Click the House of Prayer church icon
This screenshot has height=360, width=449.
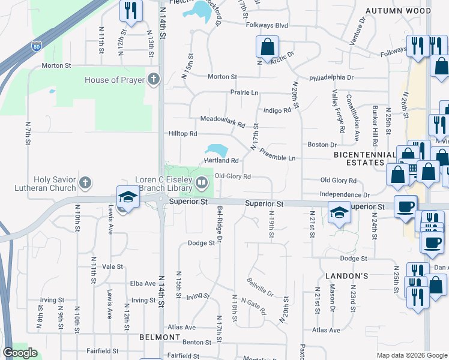coord(154,80)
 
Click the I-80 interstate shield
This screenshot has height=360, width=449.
coord(37,45)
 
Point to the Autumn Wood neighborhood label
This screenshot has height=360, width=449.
coord(399,11)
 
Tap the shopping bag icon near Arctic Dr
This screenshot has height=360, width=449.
coord(267,46)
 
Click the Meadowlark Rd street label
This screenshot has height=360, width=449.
coord(223,122)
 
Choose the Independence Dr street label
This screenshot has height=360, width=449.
coord(345,194)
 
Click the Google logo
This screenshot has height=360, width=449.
coord(20,353)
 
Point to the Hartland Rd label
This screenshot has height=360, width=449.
coord(221,161)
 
